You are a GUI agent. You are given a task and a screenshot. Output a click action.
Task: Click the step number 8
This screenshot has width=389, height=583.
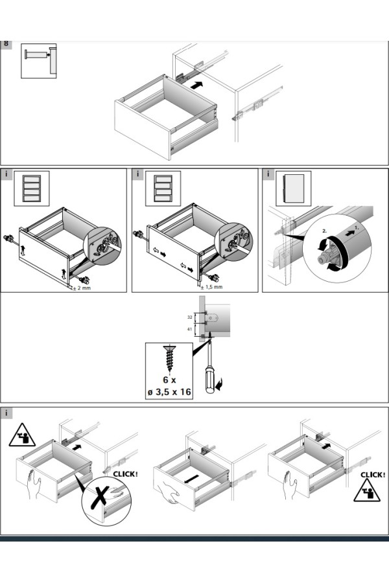coord(6,44)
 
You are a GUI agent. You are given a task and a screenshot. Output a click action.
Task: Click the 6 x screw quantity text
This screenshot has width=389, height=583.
coord(168,380)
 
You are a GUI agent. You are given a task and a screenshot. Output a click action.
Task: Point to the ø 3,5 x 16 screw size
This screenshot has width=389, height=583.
coord(169,393)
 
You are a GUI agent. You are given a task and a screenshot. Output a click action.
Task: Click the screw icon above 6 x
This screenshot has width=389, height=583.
coord(169,356)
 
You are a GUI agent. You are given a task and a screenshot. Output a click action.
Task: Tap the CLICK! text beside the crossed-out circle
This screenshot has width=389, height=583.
coord(125,474)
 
